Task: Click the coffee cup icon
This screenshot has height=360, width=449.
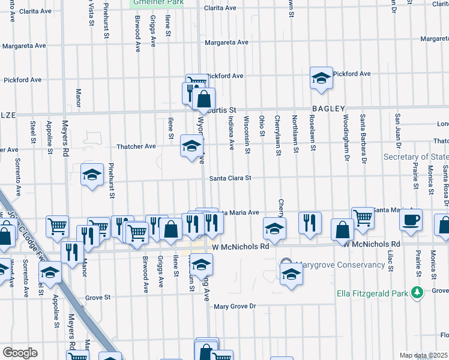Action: tap(411, 220)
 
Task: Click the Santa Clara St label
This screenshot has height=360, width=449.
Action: tap(230, 178)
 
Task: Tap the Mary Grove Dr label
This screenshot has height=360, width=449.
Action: tap(235, 306)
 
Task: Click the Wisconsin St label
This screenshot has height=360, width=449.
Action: tap(247, 134)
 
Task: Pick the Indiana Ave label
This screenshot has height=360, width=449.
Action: tap(231, 133)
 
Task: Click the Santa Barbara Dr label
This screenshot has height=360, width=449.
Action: tap(363, 137)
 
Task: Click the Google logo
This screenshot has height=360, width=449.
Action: tap(20, 353)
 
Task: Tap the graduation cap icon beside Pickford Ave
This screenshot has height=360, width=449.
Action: tap(321, 78)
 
